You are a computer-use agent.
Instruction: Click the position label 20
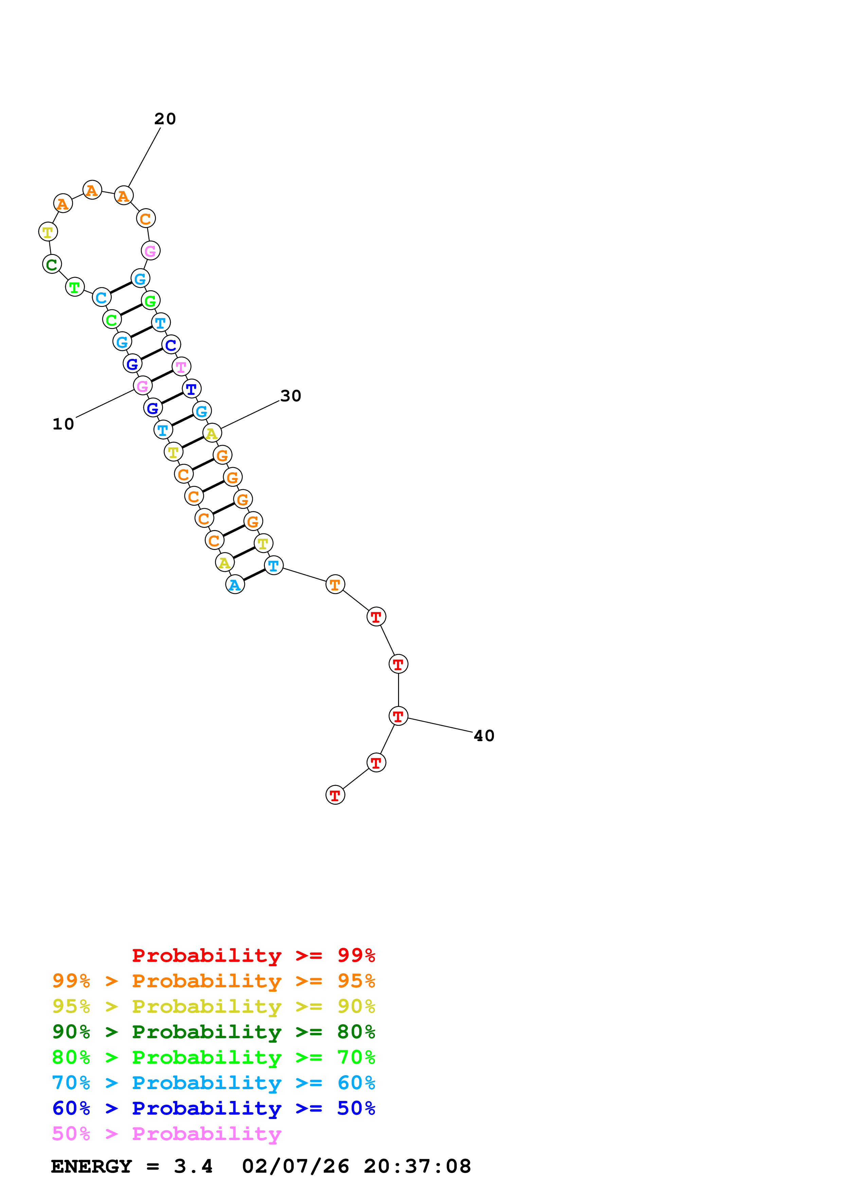click(165, 119)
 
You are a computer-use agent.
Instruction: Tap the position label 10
click(63, 424)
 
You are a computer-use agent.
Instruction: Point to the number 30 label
click(290, 396)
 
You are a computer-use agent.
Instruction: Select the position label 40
click(484, 736)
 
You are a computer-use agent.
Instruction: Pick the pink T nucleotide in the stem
click(181, 367)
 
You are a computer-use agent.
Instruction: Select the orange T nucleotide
click(335, 585)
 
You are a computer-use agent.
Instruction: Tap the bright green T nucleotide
click(75, 287)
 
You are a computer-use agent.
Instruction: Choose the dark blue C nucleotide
click(171, 345)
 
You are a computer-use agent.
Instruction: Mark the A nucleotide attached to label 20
click(124, 196)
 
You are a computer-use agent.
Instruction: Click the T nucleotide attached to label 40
click(398, 716)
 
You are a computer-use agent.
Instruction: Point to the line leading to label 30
click(250, 415)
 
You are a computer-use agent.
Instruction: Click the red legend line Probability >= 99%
click(253, 955)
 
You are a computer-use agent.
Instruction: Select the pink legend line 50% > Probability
click(166, 1134)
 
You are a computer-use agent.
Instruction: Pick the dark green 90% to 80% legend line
click(213, 1032)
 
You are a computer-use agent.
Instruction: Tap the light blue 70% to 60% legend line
click(213, 1083)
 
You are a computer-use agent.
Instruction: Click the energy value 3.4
click(193, 1167)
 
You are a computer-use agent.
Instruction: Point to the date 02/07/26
click(295, 1167)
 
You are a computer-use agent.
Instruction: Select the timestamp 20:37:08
click(417, 1167)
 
